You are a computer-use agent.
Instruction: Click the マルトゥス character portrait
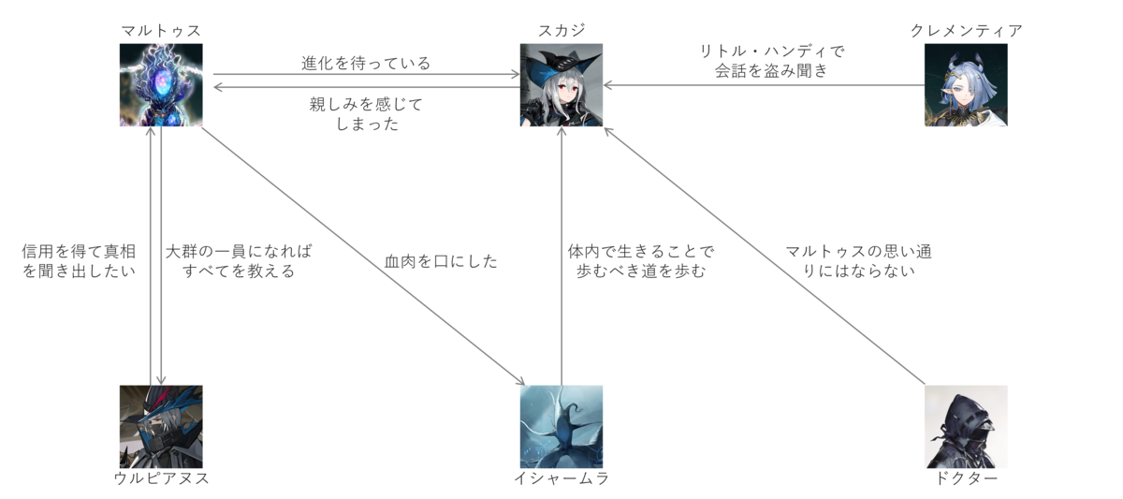tap(161, 85)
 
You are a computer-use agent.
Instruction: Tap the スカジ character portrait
tap(561, 85)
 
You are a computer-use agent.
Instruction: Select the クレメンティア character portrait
tap(966, 85)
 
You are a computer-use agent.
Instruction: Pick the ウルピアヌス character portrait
tap(161, 427)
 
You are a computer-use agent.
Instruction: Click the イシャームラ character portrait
tap(561, 427)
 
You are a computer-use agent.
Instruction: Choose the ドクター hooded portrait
tap(966, 427)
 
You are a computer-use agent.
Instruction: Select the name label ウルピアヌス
tap(161, 479)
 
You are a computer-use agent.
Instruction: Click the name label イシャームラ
tap(561, 479)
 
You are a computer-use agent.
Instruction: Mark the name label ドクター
tap(966, 479)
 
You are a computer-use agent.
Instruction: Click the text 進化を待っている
tap(366, 64)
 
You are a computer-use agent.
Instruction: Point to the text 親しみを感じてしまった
tap(366, 113)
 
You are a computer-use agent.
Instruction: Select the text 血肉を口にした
tap(441, 261)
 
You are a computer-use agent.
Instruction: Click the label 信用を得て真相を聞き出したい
tap(80, 261)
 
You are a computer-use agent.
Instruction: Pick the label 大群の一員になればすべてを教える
tap(239, 261)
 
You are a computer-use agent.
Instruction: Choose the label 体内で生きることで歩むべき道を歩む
tap(641, 261)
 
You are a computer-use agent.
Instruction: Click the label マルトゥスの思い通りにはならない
tap(858, 261)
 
